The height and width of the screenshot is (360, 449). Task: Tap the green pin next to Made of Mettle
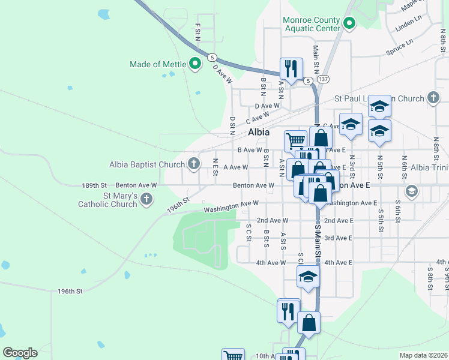click(194, 64)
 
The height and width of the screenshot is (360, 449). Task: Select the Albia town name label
click(259, 132)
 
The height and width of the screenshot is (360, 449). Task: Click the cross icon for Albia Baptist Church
click(193, 163)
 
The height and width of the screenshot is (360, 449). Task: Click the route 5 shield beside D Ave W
click(212, 58)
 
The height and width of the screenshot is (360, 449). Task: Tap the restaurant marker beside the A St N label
click(291, 69)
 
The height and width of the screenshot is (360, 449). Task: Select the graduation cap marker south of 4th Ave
click(308, 277)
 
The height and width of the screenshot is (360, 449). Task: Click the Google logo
click(20, 353)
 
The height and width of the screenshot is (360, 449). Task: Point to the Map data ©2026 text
click(423, 355)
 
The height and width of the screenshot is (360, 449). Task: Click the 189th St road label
click(94, 185)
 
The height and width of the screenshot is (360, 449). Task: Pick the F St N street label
click(197, 33)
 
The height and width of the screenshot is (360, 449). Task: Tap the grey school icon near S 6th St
click(411, 191)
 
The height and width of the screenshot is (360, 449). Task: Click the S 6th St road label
click(397, 216)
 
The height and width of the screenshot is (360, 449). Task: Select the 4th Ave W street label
click(271, 263)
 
